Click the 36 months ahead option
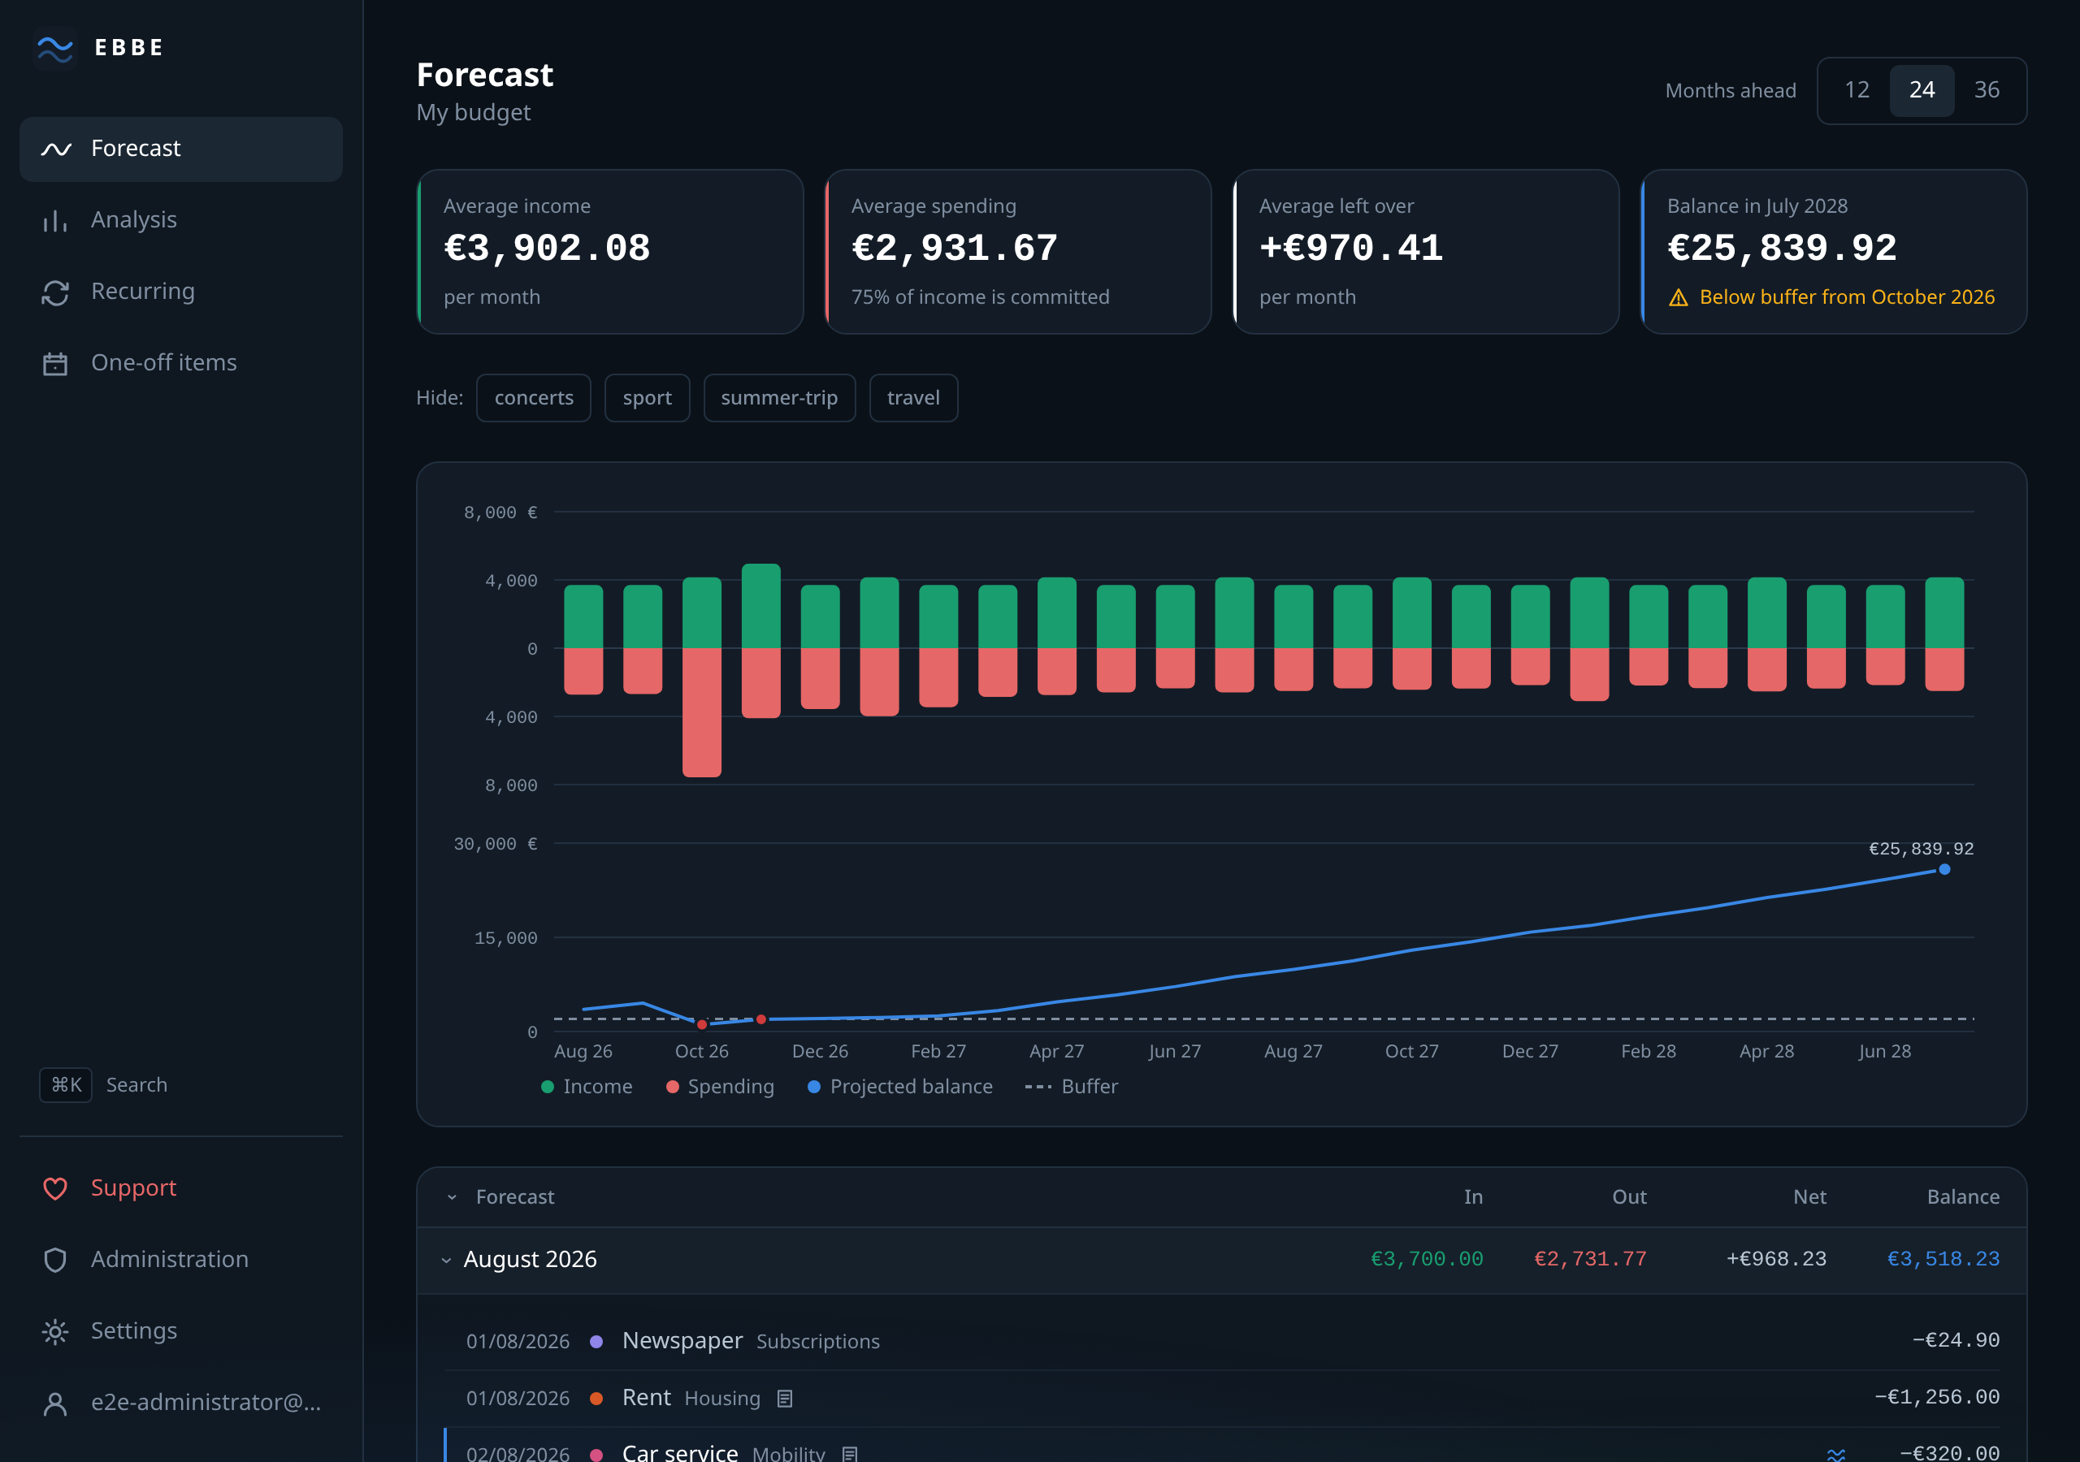click(x=1987, y=89)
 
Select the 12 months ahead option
click(x=1857, y=89)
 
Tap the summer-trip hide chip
click(x=779, y=398)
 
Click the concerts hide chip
click(x=534, y=398)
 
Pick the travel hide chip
click(x=913, y=398)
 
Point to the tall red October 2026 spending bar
click(x=702, y=712)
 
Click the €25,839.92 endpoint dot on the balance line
click(x=1944, y=870)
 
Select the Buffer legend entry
click(x=1071, y=1086)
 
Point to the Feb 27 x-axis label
click(x=938, y=1051)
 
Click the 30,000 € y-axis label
click(x=495, y=844)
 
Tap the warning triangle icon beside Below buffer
click(x=1679, y=298)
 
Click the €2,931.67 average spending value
click(x=955, y=249)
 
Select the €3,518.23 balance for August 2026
click(x=1943, y=1259)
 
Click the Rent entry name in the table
click(x=647, y=1398)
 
